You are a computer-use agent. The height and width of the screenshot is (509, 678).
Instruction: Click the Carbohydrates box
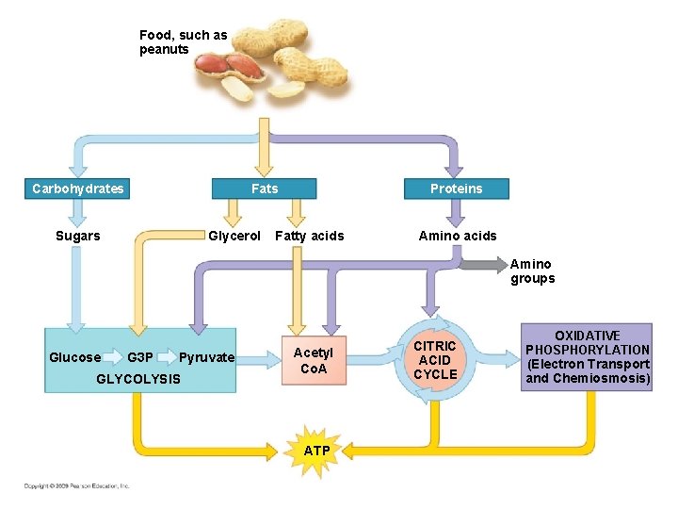77,189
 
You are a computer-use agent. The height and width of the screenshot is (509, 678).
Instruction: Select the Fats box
265,189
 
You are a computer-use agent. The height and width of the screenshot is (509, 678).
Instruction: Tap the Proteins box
456,189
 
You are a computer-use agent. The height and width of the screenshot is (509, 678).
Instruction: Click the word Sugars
77,236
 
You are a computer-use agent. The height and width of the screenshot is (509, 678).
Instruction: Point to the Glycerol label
234,236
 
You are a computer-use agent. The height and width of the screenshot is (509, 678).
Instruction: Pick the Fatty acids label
309,236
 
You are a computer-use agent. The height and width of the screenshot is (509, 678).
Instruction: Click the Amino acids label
457,236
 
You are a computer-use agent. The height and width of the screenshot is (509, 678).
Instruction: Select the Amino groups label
532,271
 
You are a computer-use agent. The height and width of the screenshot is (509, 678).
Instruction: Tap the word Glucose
74,357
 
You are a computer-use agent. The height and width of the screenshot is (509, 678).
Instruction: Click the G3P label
140,357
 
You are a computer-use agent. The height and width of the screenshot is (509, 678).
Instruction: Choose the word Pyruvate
206,357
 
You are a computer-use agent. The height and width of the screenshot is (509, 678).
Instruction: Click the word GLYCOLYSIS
138,379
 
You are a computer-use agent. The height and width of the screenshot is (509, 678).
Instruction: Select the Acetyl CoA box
313,360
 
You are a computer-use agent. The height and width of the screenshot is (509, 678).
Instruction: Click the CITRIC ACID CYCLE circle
435,360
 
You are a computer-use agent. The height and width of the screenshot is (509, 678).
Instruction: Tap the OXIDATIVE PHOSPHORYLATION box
588,357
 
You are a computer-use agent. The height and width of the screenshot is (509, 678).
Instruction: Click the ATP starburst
316,451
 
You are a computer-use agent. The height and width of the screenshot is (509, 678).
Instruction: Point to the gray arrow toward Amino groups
482,265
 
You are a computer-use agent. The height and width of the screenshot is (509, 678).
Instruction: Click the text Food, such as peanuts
183,42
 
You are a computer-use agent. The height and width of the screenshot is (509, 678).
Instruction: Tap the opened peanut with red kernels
228,67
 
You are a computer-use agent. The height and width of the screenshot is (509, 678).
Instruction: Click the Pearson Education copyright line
77,485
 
